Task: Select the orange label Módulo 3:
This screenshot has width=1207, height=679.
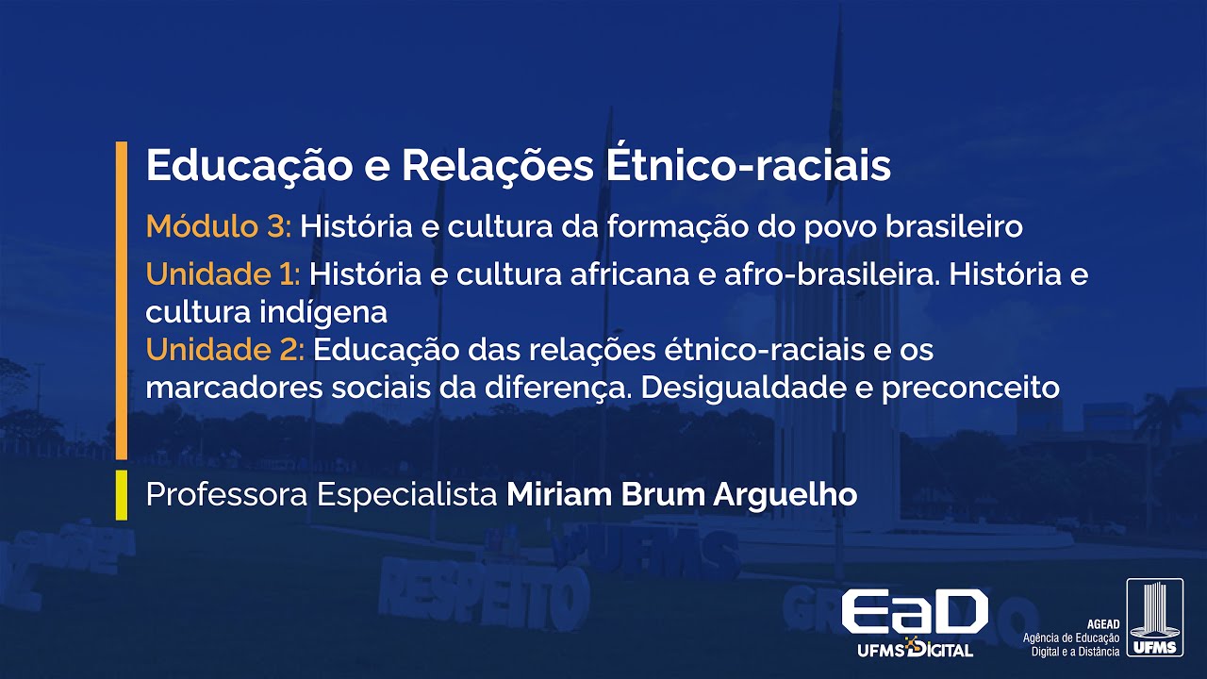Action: point(219,226)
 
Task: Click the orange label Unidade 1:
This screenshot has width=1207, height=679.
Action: point(223,275)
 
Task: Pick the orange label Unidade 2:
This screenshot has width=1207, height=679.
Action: point(224,351)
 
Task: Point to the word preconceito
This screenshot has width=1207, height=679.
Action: point(970,389)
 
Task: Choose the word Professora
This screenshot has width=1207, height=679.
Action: point(227,495)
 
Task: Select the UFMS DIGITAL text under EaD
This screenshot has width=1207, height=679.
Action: point(914,649)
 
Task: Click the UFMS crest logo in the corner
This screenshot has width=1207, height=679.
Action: point(1154,619)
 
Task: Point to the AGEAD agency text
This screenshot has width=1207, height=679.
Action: point(1073,638)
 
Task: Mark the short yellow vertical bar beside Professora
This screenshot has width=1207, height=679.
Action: point(121,495)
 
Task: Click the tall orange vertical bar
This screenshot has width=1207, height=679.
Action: point(121,300)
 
